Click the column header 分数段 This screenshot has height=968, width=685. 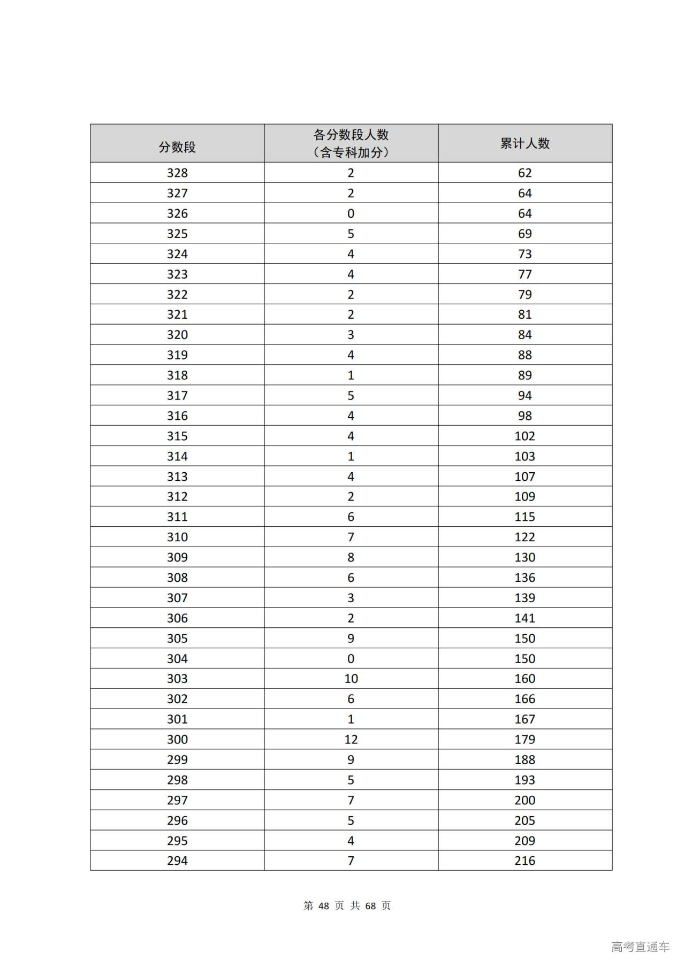(177, 147)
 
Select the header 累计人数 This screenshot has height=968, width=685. (524, 143)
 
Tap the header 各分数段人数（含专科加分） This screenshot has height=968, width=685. (351, 143)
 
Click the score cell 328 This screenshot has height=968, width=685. (177, 173)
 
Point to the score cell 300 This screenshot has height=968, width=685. (177, 740)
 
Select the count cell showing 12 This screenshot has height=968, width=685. (351, 740)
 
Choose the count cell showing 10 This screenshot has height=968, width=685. (351, 679)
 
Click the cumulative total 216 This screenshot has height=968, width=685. (524, 861)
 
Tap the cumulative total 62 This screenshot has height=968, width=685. (524, 173)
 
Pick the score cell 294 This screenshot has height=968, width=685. (177, 861)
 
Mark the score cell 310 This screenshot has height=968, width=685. (177, 537)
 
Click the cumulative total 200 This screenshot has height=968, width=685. (524, 800)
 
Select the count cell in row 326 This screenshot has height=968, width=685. (351, 213)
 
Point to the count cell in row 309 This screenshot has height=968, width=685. (351, 557)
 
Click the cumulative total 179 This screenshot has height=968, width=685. (524, 740)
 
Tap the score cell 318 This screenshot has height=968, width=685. (177, 375)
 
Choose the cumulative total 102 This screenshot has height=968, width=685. (524, 436)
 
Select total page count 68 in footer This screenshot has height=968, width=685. (370, 905)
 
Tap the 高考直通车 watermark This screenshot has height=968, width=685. (640, 947)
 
